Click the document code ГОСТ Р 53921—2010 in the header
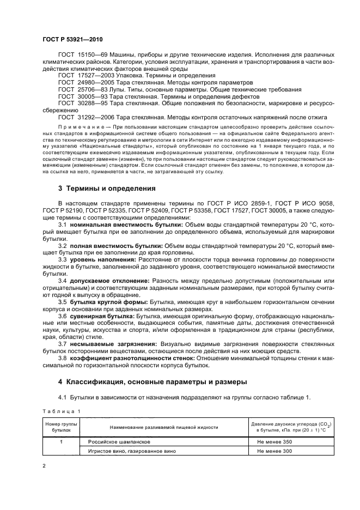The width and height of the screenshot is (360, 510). [x=72, y=40]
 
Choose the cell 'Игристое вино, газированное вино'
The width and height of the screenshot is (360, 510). [x=129, y=451]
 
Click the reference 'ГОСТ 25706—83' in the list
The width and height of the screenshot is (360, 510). [x=86, y=88]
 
